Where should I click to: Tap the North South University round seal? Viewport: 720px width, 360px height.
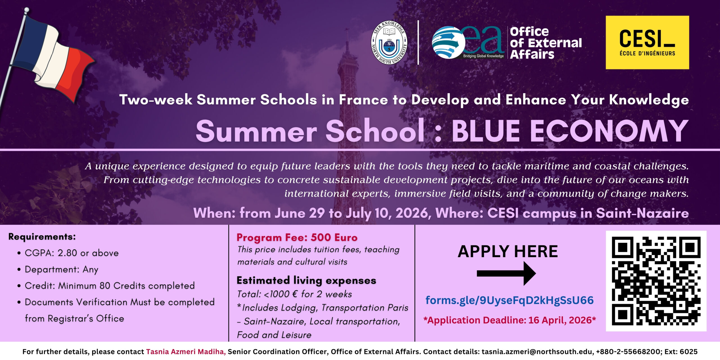389,42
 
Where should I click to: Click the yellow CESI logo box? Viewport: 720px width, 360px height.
647,42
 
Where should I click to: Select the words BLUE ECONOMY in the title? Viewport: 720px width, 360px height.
570,131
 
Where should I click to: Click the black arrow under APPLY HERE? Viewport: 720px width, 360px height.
506,273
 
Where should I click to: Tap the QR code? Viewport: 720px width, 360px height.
656,281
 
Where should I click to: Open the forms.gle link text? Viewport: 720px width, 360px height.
510,300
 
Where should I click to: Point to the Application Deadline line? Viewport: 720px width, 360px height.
510,320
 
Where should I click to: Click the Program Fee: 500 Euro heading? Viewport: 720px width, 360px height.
297,238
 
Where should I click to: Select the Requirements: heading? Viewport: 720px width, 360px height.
42,237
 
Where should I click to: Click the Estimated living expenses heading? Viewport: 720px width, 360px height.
307,280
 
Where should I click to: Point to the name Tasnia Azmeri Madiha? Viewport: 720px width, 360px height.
186,352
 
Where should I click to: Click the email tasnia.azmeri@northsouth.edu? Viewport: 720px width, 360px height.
537,352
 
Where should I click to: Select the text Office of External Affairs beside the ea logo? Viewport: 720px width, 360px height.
546,43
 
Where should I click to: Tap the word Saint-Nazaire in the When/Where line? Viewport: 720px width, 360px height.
642,213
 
